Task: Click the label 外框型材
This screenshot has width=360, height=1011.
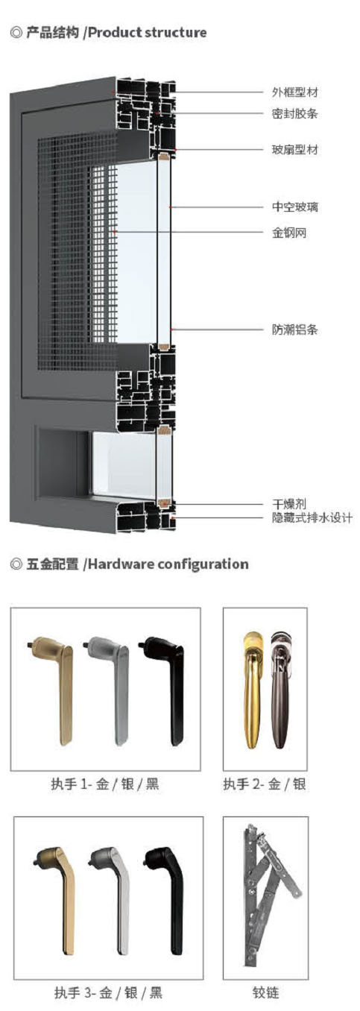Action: (294, 92)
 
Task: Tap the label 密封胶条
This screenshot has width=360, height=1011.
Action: (294, 113)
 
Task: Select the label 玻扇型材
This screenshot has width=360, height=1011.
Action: (294, 149)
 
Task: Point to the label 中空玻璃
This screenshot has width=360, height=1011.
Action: (294, 207)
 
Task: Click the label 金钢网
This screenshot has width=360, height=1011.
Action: (288, 233)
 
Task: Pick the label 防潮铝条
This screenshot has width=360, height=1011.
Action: (294, 330)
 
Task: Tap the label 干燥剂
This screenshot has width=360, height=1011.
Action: (288, 504)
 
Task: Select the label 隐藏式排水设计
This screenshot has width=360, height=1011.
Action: (312, 517)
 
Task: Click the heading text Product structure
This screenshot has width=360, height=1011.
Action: (148, 33)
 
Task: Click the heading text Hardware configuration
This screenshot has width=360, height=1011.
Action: (168, 564)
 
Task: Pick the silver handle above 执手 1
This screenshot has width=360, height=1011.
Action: (107, 690)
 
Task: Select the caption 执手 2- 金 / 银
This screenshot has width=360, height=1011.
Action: (265, 784)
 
